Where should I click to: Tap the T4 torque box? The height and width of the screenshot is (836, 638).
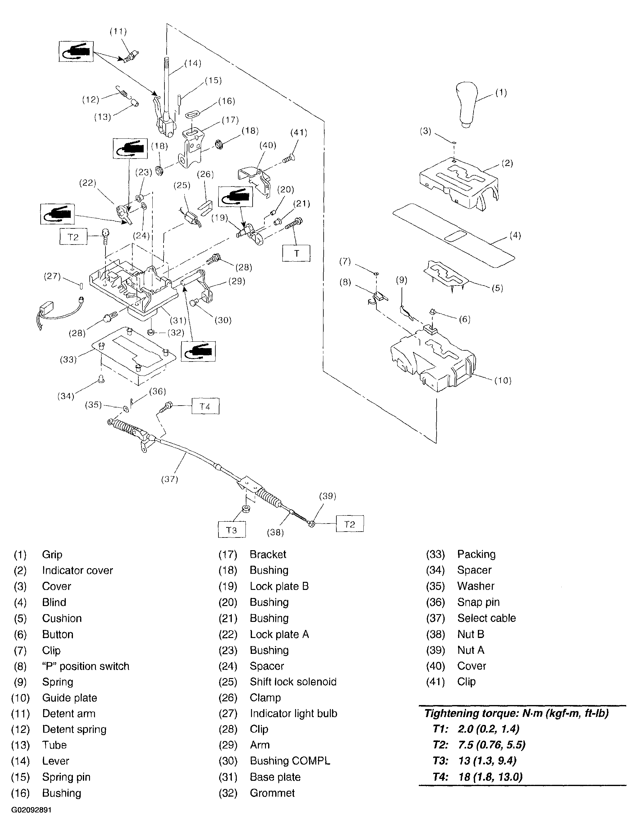pyautogui.click(x=205, y=407)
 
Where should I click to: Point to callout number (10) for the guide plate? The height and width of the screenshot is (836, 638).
pyautogui.click(x=503, y=380)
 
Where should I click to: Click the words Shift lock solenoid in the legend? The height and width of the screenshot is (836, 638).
pyautogui.click(x=293, y=681)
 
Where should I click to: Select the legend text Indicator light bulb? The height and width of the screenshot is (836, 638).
pyautogui.click(x=293, y=713)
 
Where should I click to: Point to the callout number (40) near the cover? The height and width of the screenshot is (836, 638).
pyautogui.click(x=268, y=145)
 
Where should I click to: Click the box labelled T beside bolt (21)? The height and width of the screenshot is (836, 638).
pyautogui.click(x=296, y=253)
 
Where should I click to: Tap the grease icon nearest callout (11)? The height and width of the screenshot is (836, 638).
pyautogui.click(x=76, y=51)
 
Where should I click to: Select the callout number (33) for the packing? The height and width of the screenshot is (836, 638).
pyautogui.click(x=68, y=359)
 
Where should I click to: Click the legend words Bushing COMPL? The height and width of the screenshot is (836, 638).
pyautogui.click(x=290, y=761)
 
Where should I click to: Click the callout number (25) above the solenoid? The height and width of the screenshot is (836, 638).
pyautogui.click(x=182, y=185)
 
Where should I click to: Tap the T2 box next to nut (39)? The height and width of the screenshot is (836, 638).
pyautogui.click(x=350, y=524)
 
